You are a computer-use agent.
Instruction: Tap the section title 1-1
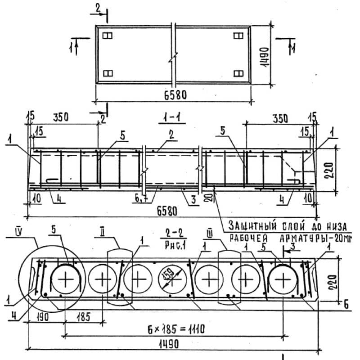pos(167,119)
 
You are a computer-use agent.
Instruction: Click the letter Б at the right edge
pos(346,305)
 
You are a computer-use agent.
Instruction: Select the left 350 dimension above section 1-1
pos(61,118)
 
